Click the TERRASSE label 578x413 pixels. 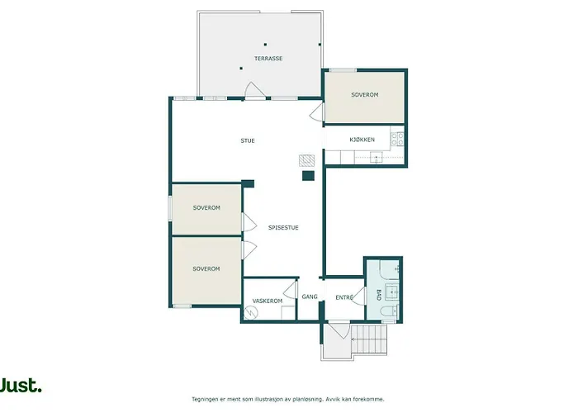[x=268, y=59]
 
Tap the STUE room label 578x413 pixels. [x=248, y=140]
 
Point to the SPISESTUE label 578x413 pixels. [x=283, y=227]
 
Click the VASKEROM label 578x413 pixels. [x=267, y=301]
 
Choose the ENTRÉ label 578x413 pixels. [x=344, y=297]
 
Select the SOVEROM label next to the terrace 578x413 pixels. [x=364, y=95]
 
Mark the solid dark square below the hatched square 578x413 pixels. [x=307, y=175]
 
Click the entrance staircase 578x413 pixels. [x=369, y=339]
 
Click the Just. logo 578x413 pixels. [x=21, y=386]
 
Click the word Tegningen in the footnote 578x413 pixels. [x=208, y=399]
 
